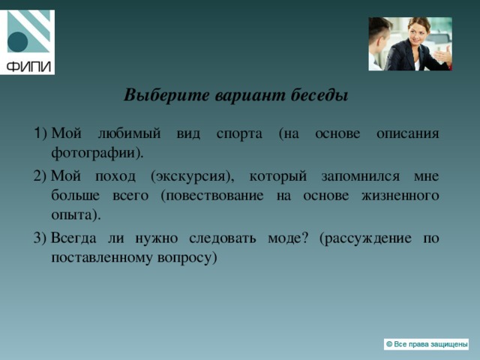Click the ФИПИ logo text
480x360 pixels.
tap(28, 66)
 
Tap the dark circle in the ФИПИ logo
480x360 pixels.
tap(17, 42)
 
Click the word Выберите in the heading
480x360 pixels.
tap(166, 95)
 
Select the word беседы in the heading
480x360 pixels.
tap(319, 95)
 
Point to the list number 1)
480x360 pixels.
tap(40, 133)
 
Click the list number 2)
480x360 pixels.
tap(40, 176)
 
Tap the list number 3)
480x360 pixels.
tap(40, 238)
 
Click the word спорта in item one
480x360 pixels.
tap(239, 134)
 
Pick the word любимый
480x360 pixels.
tap(129, 133)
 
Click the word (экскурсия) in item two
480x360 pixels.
tap(193, 177)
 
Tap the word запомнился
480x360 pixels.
tap(360, 177)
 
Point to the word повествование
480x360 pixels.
tap(212, 196)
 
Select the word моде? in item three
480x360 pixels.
tap(287, 238)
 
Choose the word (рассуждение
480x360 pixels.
tap(365, 238)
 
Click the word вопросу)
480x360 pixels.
tap(187, 258)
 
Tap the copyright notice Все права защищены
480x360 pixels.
tap(426, 344)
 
